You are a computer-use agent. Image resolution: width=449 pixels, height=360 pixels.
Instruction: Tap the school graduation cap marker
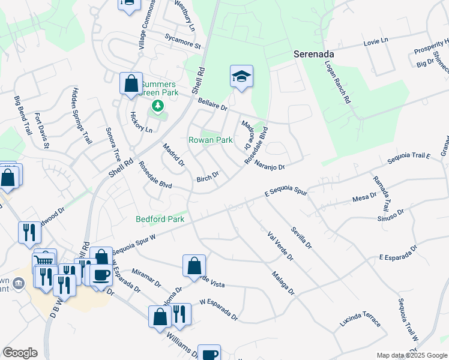click(x=241, y=76)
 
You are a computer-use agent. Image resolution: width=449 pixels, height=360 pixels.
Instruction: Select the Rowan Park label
click(x=211, y=140)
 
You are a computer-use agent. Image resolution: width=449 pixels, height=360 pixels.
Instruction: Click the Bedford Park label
click(x=160, y=220)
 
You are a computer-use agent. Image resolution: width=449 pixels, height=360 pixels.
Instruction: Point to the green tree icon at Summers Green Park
click(x=157, y=106)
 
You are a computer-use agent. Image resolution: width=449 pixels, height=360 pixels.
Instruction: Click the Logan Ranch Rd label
click(x=337, y=82)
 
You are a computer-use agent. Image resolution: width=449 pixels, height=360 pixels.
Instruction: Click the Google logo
click(x=20, y=353)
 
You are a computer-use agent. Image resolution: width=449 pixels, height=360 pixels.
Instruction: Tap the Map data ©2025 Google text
click(x=412, y=355)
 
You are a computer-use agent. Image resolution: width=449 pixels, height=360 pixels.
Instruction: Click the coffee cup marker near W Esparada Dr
click(x=101, y=274)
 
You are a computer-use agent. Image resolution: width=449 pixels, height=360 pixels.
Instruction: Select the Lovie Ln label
click(x=376, y=41)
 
